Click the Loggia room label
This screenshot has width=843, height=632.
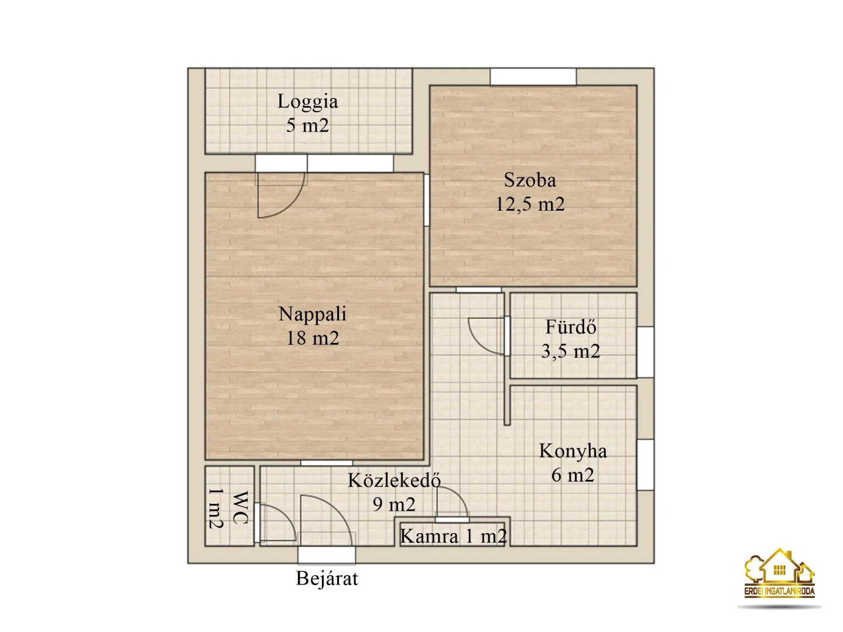[307, 101]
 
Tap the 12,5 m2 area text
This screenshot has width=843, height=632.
[530, 204]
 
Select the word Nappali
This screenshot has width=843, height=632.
[312, 314]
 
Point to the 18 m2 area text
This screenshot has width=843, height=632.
[312, 338]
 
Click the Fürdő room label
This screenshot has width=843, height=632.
[570, 327]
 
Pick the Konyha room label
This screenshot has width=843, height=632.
[573, 451]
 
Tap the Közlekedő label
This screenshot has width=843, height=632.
[394, 480]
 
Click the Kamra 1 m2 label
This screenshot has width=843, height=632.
[453, 536]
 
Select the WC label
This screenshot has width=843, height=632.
[240, 507]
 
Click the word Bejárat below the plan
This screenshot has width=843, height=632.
[327, 578]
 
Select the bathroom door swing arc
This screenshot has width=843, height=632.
[485, 336]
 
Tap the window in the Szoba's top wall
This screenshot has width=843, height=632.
[533, 77]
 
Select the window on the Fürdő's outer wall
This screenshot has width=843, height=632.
[645, 352]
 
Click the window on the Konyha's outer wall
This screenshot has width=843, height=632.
[645, 465]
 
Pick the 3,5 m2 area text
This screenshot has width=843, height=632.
[570, 351]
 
